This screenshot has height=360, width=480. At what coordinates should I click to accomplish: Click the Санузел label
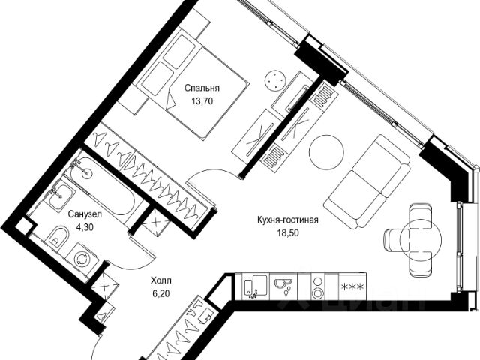(81, 214)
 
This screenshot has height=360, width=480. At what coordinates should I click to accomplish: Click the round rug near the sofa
(325, 153)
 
